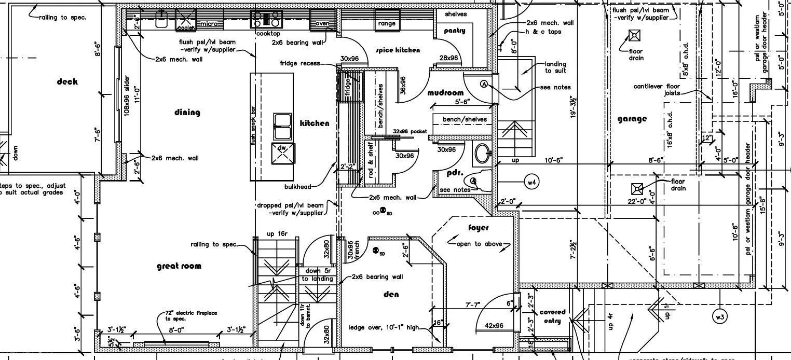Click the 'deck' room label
[67, 81]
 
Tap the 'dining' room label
[187, 113]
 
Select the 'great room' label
[179, 266]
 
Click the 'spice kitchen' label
[398, 50]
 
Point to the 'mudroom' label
[445, 93]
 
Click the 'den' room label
[391, 295]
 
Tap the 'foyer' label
[478, 228]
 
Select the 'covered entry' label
[552, 316]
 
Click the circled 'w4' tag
[531, 182]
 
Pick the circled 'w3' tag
[719, 316]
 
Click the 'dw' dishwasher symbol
[282, 150]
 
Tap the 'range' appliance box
[387, 23]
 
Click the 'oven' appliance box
[323, 23]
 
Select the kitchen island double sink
[283, 126]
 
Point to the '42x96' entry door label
[494, 326]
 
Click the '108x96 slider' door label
[127, 96]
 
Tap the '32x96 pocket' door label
[410, 132]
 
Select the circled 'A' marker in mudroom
[484, 84]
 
